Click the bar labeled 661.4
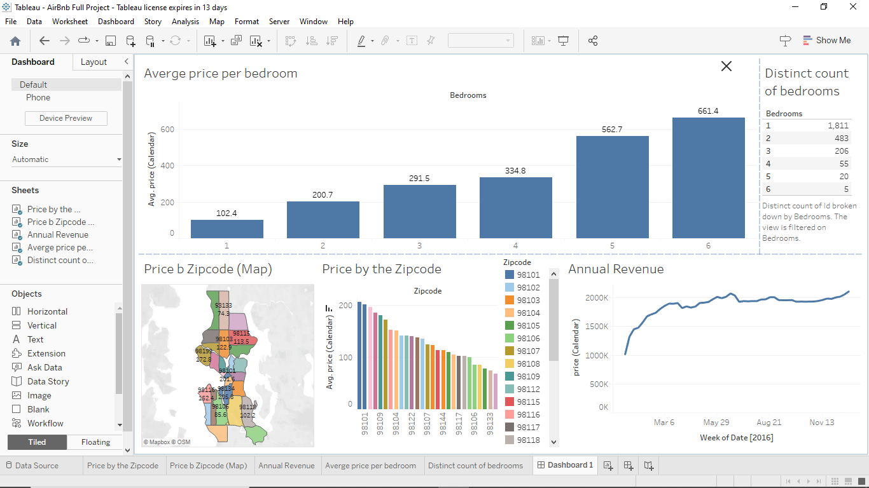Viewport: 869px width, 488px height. point(708,178)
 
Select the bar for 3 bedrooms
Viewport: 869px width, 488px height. point(419,212)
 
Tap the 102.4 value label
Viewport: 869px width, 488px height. point(226,213)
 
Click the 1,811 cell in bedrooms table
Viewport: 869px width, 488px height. point(838,126)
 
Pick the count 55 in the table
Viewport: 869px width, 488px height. point(842,164)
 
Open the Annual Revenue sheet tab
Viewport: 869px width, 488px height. point(286,466)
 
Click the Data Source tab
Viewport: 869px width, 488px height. point(36,466)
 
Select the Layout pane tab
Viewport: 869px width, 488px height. point(94,62)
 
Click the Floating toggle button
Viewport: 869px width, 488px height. point(95,442)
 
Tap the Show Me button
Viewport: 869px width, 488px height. point(826,41)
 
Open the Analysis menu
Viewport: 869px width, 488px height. point(185,22)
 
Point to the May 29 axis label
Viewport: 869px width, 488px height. point(716,423)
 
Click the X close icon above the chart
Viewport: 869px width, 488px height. point(726,66)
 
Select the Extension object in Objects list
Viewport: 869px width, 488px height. point(46,353)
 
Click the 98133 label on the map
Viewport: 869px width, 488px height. point(224,306)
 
